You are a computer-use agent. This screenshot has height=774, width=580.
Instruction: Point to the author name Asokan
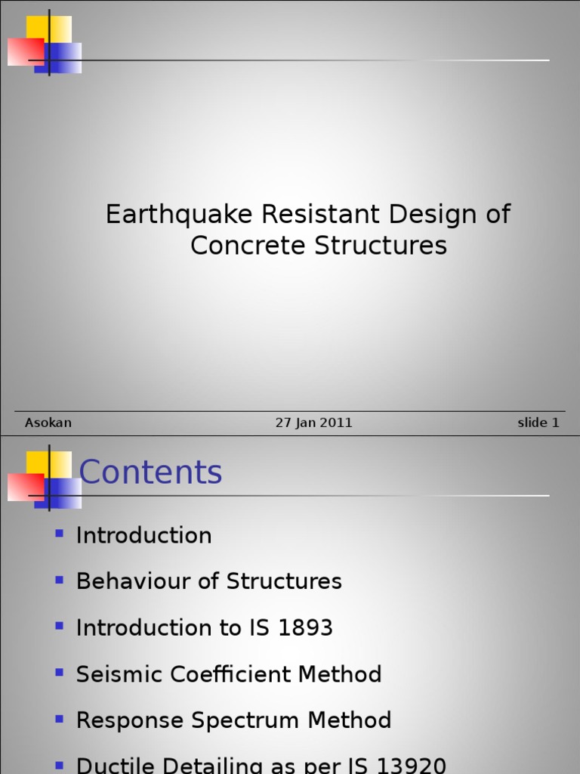click(48, 423)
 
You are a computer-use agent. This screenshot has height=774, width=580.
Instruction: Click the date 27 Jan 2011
click(313, 423)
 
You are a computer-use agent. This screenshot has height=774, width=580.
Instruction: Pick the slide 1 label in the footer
click(538, 423)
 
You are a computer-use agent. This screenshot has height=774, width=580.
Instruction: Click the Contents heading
click(150, 473)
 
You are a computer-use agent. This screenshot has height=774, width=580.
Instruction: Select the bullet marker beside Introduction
click(60, 534)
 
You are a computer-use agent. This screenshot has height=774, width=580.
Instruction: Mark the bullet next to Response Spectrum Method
click(60, 719)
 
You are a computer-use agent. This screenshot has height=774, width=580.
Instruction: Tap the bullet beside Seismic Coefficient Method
click(60, 673)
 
